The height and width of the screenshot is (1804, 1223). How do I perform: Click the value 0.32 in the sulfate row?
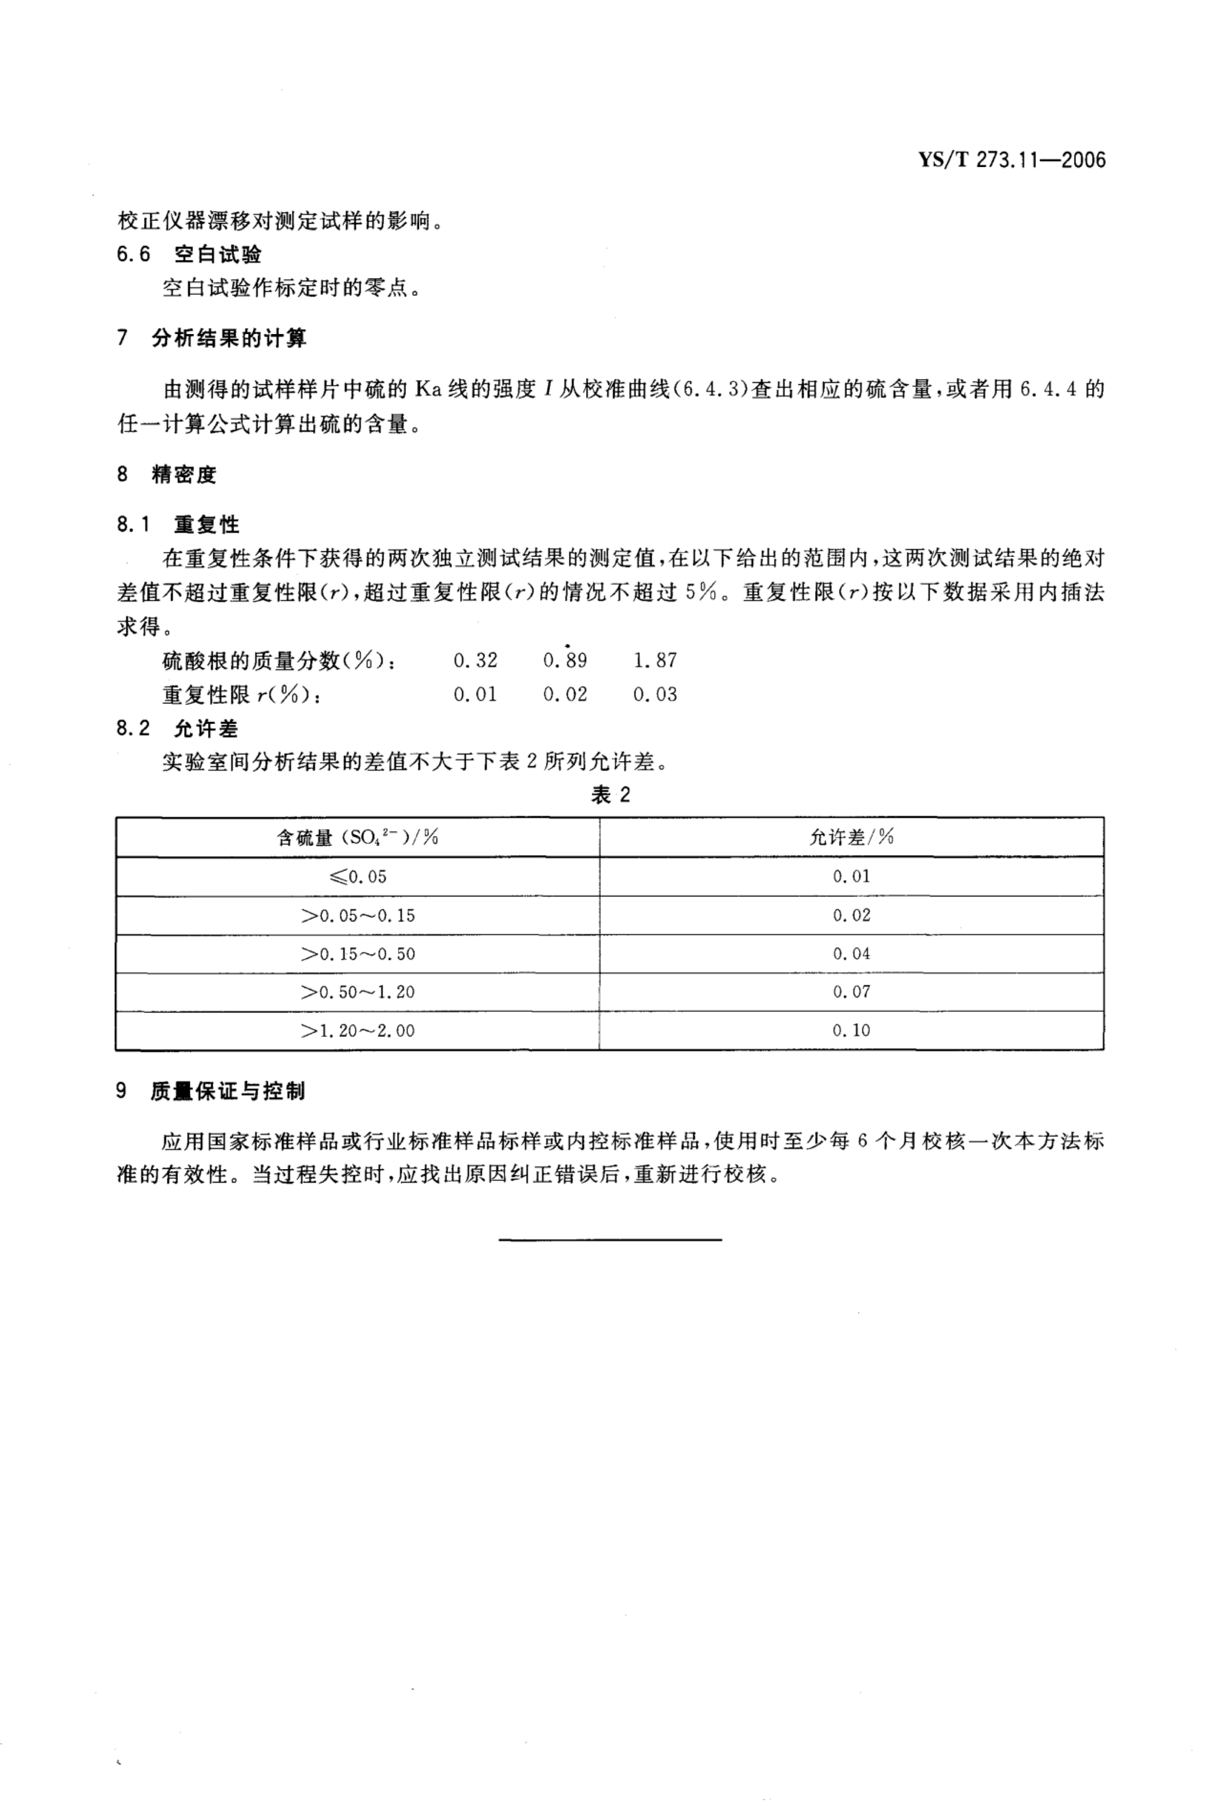pos(475,661)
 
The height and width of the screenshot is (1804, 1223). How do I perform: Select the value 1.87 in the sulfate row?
pos(655,661)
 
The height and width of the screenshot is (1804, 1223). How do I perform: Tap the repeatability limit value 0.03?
pos(655,695)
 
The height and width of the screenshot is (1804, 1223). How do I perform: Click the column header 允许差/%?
pos(851,837)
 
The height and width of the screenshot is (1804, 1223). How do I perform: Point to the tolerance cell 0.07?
pos(851,992)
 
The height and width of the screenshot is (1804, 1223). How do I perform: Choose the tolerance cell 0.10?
pos(851,1031)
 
